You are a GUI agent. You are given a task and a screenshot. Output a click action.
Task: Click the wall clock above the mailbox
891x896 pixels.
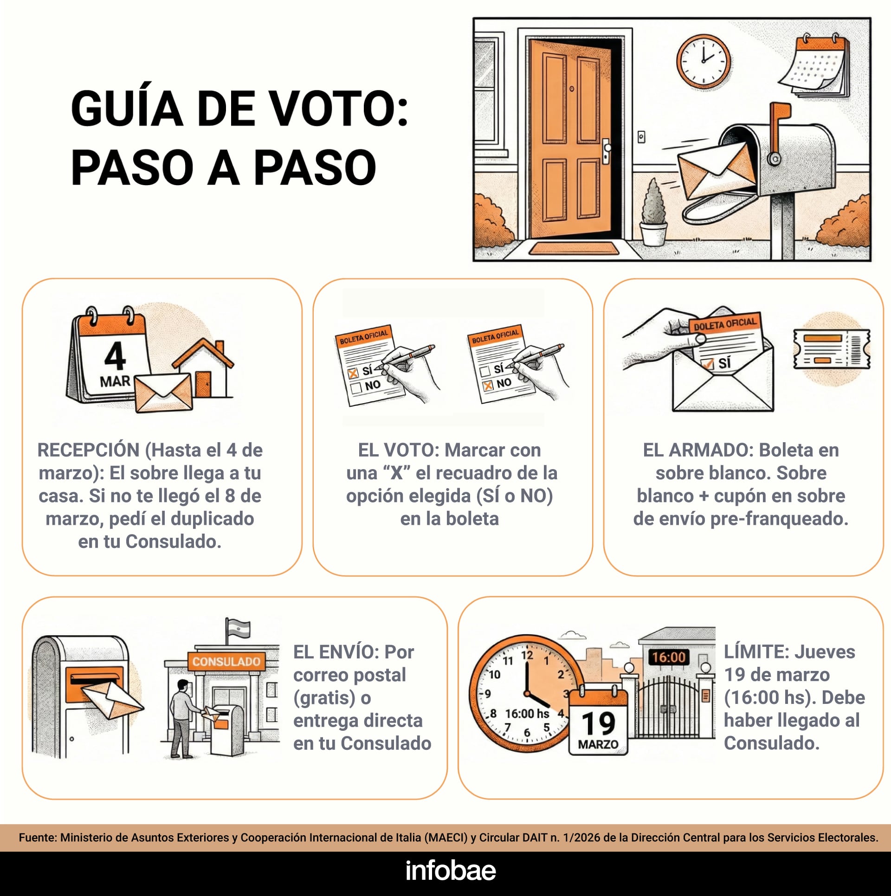[703, 61]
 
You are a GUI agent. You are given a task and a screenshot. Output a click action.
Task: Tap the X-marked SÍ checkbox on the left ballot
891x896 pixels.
[353, 373]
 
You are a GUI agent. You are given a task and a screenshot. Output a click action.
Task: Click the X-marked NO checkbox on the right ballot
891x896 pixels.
[488, 386]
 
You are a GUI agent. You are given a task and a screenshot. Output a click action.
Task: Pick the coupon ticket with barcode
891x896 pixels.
[831, 349]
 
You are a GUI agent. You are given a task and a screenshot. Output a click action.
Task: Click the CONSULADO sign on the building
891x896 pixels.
[226, 661]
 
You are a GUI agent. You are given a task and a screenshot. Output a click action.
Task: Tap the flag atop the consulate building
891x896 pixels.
[239, 629]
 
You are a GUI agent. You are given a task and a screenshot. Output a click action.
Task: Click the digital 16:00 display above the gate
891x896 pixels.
[668, 657]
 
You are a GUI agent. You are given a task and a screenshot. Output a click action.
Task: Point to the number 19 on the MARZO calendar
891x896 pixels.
[598, 723]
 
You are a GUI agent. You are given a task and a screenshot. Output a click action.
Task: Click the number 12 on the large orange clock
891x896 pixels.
[527, 656]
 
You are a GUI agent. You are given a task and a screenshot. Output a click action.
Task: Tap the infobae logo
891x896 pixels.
[450, 870]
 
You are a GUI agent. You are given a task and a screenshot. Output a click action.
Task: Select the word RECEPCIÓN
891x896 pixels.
[88, 450]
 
